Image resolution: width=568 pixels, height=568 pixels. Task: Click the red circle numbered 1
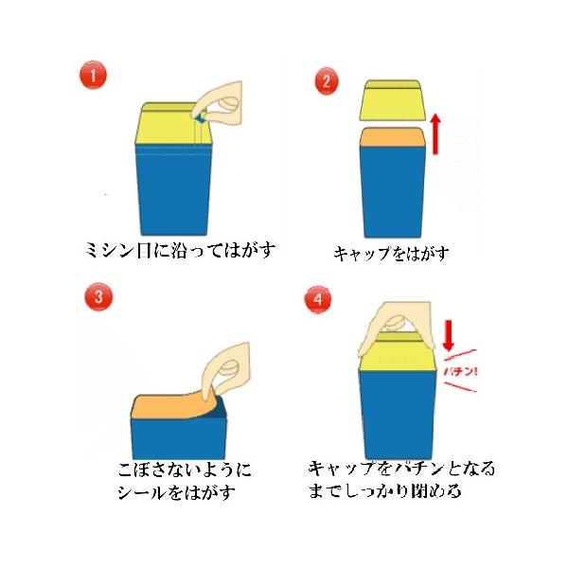pyautogui.click(x=93, y=75)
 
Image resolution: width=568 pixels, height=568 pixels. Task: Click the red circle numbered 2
pyautogui.click(x=327, y=81)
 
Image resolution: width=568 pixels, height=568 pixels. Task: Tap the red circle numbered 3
pyautogui.click(x=98, y=297)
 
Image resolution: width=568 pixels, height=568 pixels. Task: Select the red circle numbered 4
pyautogui.click(x=318, y=299)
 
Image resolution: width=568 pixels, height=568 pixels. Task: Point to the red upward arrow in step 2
pyautogui.click(x=436, y=134)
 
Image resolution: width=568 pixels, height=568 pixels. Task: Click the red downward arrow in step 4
pyautogui.click(x=449, y=336)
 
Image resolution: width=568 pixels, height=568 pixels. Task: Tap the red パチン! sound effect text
pyautogui.click(x=460, y=372)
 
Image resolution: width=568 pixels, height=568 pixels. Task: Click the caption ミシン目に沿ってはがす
pyautogui.click(x=180, y=250)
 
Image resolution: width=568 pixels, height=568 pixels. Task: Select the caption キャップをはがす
pyautogui.click(x=391, y=253)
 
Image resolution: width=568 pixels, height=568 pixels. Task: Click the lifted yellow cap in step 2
pyautogui.click(x=392, y=100)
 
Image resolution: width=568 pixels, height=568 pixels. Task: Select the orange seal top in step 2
pyautogui.click(x=391, y=137)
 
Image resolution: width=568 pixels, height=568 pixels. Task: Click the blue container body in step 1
pyautogui.click(x=173, y=190)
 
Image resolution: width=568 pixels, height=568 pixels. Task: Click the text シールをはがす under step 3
pyautogui.click(x=176, y=493)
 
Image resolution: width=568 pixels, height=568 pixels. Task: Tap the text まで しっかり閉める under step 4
pyautogui.click(x=384, y=490)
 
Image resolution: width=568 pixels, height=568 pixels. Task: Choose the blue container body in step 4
pyautogui.click(x=397, y=416)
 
